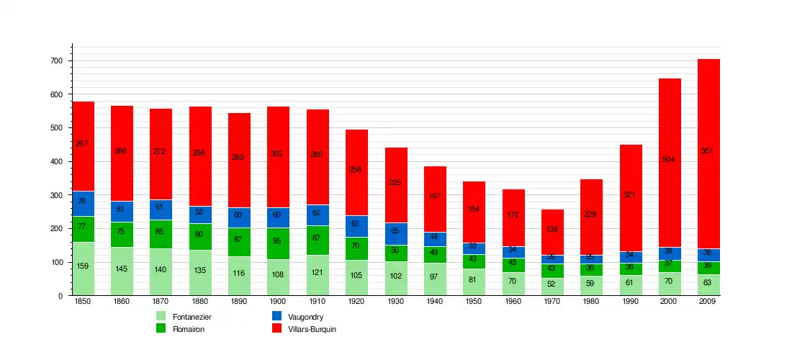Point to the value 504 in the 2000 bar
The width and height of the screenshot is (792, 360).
click(670, 160)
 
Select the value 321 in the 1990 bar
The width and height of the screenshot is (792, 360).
click(631, 195)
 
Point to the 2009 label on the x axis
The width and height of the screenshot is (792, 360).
click(708, 302)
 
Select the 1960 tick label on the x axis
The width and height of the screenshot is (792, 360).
click(513, 302)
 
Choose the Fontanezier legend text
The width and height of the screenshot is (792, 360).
click(192, 317)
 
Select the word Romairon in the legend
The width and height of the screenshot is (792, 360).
click(188, 329)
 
